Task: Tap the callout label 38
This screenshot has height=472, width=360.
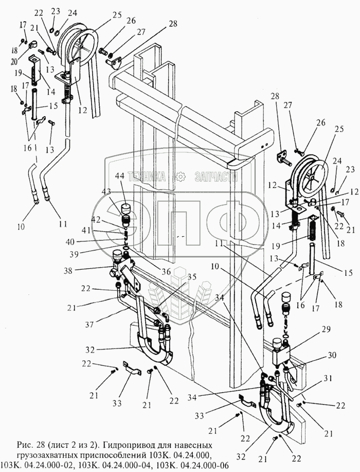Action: (68, 271)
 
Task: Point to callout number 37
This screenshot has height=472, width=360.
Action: (89, 324)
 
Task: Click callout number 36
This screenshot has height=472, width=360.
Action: (166, 271)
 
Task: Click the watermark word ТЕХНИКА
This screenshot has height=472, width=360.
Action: (147, 177)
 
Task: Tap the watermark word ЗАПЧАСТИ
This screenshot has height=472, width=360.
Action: (216, 177)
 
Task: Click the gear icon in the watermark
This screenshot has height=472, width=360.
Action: (180, 177)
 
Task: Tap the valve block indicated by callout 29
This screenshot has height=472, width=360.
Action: (280, 352)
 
